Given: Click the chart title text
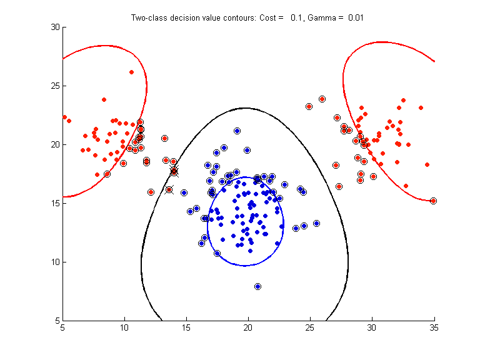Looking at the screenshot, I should [x=247, y=17].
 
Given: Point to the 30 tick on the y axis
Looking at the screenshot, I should [x=54, y=27].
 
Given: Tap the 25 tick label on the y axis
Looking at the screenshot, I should [x=54, y=86].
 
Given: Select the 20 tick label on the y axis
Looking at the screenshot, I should [x=54, y=144].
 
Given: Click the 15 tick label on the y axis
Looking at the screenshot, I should [x=54, y=203].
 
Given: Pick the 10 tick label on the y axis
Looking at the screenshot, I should [x=54, y=262].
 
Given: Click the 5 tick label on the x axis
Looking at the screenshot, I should [x=62, y=327].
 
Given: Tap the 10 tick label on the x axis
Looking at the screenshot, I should [x=124, y=327].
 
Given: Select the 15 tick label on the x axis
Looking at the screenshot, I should [x=186, y=327].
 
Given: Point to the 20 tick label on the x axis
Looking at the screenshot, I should [x=248, y=327].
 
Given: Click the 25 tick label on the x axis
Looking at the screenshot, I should [x=310, y=327].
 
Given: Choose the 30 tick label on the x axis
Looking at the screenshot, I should [x=372, y=327].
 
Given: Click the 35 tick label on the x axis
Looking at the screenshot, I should [x=434, y=327].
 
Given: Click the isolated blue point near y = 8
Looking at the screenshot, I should [x=257, y=286].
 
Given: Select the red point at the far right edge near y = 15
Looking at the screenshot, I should [x=433, y=201].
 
